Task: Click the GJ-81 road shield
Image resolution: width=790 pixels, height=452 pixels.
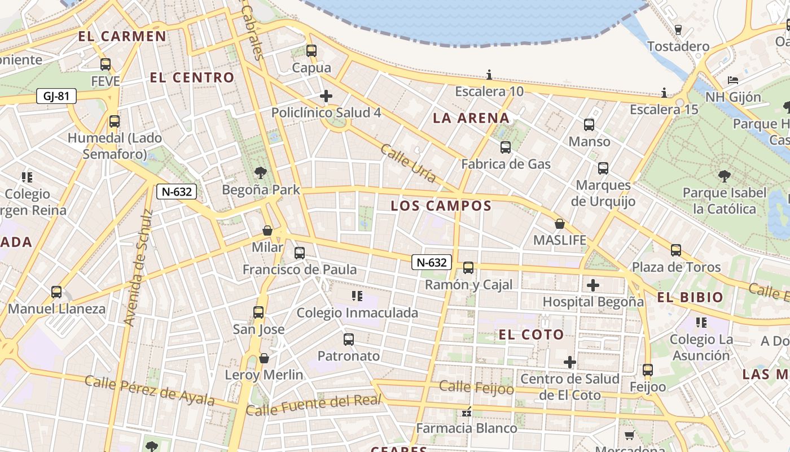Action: (56, 96)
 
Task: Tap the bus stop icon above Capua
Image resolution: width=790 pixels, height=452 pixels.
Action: (311, 51)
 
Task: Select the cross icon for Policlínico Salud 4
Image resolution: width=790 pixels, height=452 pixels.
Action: (326, 96)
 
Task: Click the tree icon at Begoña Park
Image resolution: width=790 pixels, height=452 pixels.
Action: (260, 172)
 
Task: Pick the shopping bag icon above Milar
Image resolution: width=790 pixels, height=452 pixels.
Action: (267, 231)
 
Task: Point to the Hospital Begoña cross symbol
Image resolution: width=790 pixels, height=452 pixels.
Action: (592, 285)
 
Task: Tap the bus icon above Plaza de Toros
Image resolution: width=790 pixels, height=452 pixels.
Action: (676, 250)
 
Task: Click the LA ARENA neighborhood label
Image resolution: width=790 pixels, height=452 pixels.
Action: (471, 118)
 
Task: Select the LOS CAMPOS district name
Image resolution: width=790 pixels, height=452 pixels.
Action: (441, 206)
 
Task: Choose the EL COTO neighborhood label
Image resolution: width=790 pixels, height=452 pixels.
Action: (531, 334)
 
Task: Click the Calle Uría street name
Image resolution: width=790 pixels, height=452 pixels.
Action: (408, 163)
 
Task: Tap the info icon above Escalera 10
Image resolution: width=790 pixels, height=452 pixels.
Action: (489, 75)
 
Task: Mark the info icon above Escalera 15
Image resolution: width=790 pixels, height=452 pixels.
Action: (664, 93)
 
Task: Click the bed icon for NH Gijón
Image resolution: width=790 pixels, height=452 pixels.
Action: (733, 80)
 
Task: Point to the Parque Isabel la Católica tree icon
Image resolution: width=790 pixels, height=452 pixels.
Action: (725, 176)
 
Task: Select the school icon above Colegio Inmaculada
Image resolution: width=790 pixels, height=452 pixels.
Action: (357, 296)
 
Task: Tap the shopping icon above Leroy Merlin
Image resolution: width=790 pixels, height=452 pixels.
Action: (264, 358)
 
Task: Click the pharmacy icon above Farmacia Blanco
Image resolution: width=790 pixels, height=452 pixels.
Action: (466, 412)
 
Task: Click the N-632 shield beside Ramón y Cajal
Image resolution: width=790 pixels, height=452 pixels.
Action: (432, 262)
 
